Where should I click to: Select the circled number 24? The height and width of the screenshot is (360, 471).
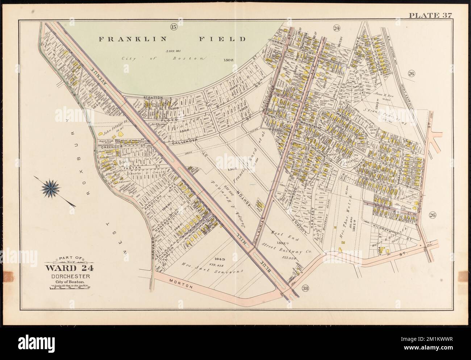click(337, 28)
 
